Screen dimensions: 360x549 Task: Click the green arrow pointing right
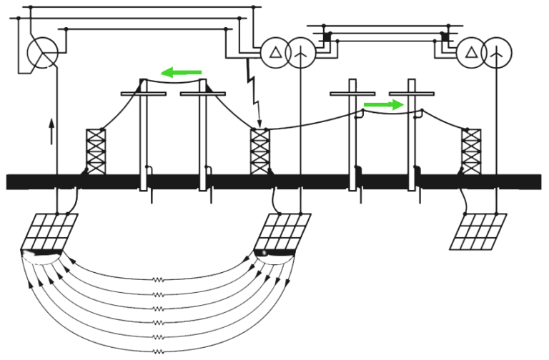pos(384,105)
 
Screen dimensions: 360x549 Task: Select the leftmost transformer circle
pos(42,54)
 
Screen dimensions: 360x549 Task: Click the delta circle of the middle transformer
pos(274,53)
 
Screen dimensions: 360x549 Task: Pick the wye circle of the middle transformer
pos(300,53)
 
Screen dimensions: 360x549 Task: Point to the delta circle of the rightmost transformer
pos(471,53)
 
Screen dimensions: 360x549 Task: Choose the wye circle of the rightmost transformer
pos(497,53)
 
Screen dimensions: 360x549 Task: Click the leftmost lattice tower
pos(96,151)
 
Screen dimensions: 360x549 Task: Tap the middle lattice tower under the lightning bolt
pos(259,151)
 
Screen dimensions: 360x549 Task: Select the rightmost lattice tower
pos(470,151)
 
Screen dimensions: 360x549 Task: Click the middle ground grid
pos(284,230)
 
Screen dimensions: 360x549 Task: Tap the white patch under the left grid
pos(41,257)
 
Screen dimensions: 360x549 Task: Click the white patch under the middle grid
pos(275,257)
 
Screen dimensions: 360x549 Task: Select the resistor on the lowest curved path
pos(158,351)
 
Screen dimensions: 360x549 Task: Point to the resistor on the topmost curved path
pos(158,280)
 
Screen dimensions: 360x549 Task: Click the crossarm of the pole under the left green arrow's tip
pos(144,94)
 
